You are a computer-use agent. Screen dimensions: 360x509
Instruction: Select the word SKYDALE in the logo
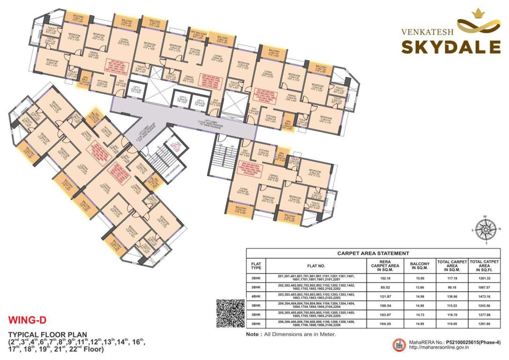pyautogui.click(x=450, y=47)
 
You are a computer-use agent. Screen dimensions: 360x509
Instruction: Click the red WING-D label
pyautogui.click(x=25, y=321)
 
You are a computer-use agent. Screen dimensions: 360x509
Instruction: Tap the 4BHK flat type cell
pyautogui.click(x=256, y=297)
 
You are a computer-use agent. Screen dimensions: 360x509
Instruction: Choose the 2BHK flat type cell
pyautogui.click(x=256, y=287)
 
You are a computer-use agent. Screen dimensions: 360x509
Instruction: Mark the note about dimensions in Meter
pyautogui.click(x=291, y=334)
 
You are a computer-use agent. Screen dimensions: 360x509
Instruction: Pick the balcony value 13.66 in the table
pyautogui.click(x=419, y=287)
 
